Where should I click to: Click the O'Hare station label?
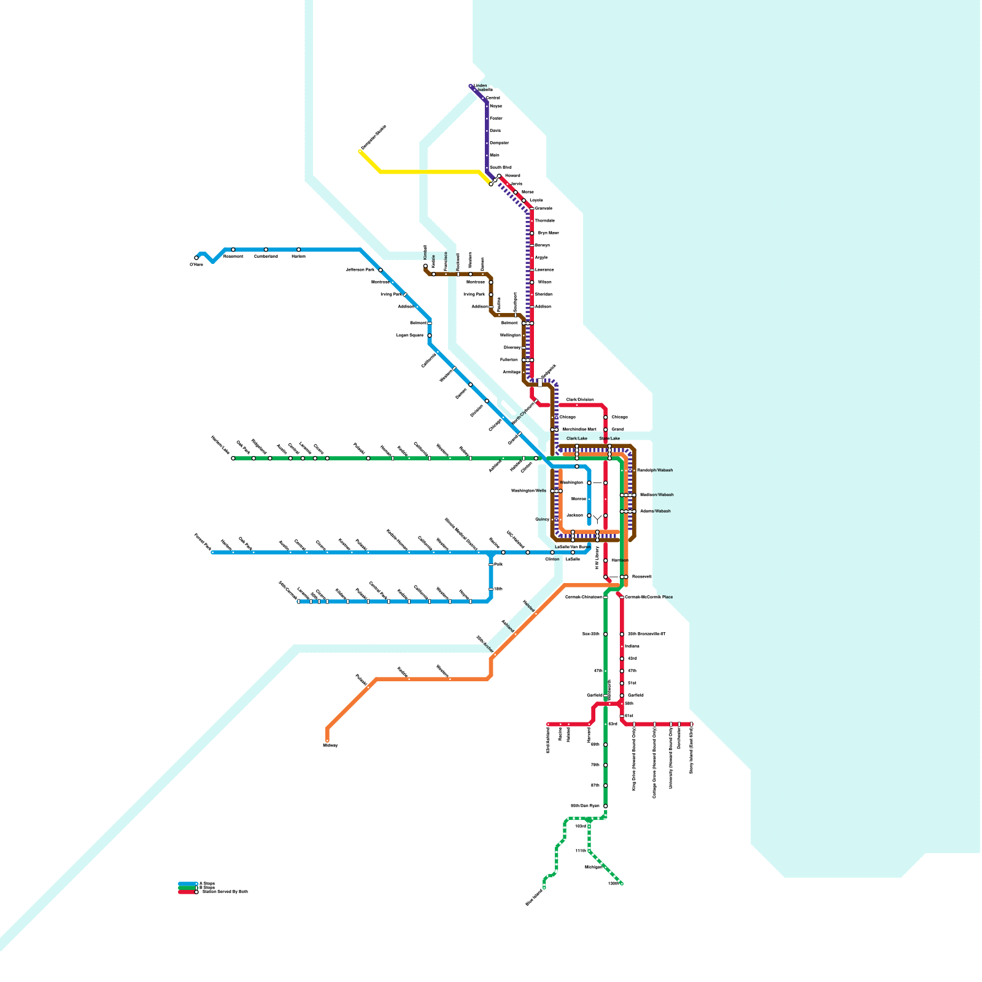196,265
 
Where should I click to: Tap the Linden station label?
480,86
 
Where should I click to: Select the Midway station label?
330,745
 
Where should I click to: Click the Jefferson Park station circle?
381,270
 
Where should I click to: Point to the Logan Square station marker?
430,336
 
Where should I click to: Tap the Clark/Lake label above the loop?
576,439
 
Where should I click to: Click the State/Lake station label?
609,439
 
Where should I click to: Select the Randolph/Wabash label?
655,470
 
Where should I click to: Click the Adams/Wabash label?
655,511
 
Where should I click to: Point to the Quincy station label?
542,519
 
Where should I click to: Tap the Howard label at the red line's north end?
512,176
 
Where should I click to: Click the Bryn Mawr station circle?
532,233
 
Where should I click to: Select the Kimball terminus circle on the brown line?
425,266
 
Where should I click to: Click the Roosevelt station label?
642,577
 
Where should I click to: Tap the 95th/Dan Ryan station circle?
606,806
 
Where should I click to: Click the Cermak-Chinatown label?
583,597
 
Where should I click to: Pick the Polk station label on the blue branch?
498,564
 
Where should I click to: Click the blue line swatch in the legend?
187,884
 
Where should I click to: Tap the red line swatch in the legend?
187,892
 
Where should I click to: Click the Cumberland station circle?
266,250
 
